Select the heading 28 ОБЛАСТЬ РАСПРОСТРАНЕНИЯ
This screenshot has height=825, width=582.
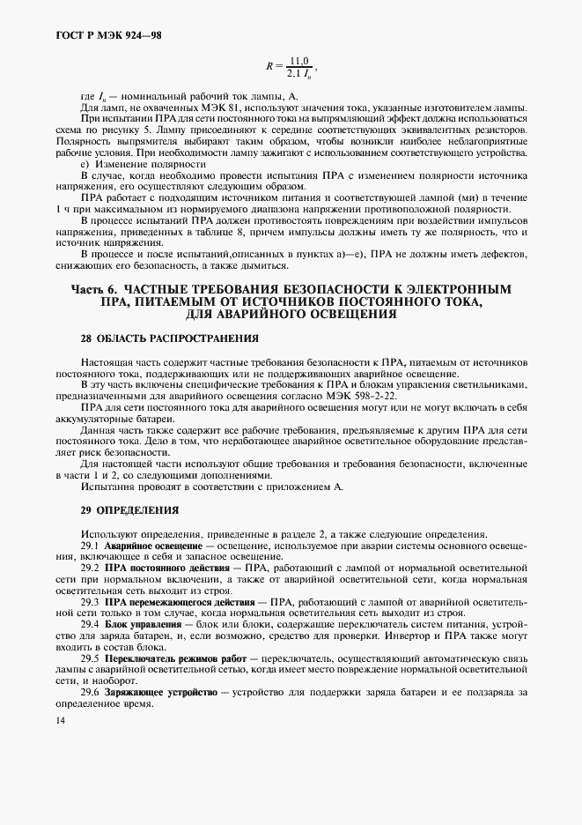pos(157,338)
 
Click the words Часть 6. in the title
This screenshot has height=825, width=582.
pos(94,289)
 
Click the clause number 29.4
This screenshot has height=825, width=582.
pos(89,623)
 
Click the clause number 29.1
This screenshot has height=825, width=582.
pos(89,546)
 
